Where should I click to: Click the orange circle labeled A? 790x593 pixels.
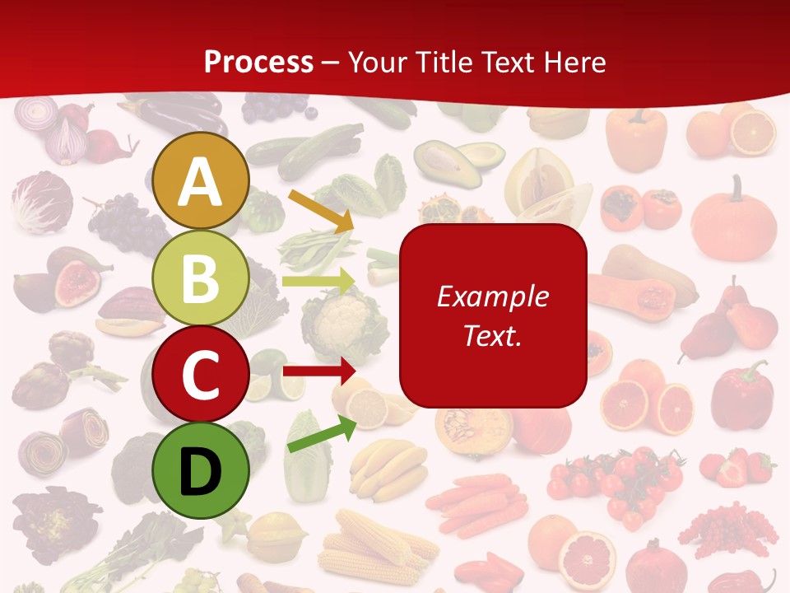[x=200, y=181]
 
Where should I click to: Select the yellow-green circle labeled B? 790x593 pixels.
[x=200, y=278]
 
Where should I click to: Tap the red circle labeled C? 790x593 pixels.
[x=200, y=374]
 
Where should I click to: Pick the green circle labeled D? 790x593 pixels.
[x=200, y=470]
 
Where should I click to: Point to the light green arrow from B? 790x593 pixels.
[x=318, y=282]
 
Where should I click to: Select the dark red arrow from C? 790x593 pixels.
[x=318, y=371]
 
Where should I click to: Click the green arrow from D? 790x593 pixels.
[x=322, y=435]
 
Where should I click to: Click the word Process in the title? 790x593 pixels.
[x=258, y=62]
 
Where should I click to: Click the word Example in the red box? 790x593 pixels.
[x=492, y=296]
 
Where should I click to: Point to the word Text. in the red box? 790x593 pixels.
[x=492, y=335]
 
